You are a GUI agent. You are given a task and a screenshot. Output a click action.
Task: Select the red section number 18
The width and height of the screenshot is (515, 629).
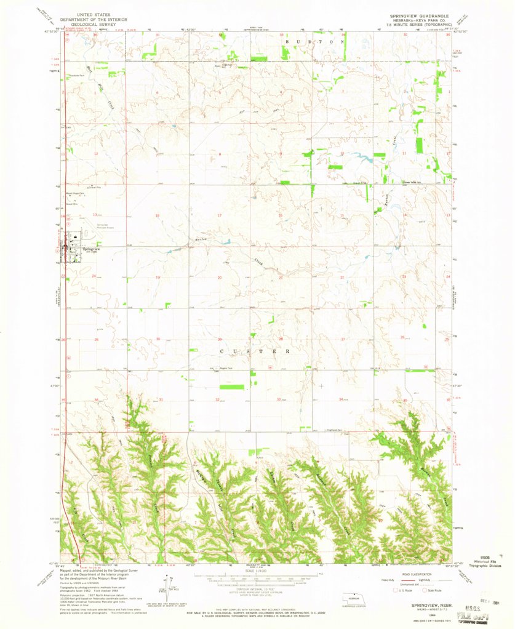point(158,215)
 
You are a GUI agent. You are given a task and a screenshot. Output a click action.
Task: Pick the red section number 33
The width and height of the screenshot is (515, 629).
point(280,399)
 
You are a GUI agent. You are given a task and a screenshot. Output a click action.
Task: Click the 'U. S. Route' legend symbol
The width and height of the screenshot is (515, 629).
point(397,590)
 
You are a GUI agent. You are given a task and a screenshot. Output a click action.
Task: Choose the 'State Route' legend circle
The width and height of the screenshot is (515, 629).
point(431,590)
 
